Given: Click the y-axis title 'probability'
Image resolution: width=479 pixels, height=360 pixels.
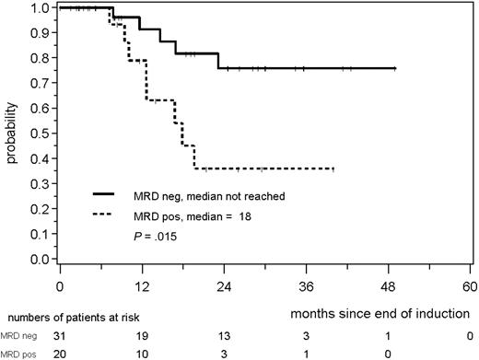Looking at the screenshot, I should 11,134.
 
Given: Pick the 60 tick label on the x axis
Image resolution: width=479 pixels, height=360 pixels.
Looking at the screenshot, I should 471,285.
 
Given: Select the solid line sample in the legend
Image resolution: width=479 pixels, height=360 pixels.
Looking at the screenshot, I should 113,195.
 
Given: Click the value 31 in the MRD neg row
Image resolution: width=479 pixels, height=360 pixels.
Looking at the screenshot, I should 60,336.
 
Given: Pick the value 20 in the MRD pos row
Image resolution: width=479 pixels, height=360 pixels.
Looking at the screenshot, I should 60,354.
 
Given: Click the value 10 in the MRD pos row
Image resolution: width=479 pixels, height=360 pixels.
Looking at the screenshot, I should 142,354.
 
